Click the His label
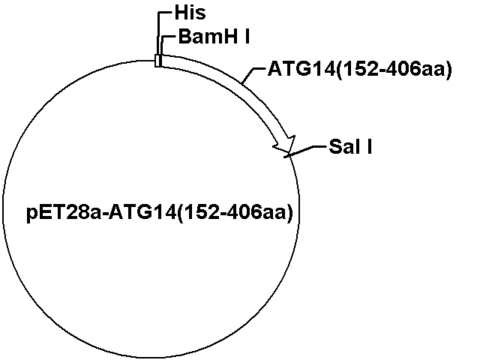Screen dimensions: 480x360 pyautogui.click(x=190, y=13)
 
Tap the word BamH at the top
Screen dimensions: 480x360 pyautogui.click(x=208, y=37)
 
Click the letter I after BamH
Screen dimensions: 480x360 pyautogui.click(x=247, y=37)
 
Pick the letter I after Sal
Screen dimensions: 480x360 pyautogui.click(x=369, y=147)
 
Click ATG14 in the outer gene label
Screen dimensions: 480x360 pyautogui.click(x=301, y=69)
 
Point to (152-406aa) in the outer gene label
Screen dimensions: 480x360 pyautogui.click(x=394, y=70)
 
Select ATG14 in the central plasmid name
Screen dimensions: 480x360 pyautogui.click(x=143, y=211)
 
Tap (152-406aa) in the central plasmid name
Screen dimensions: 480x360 pyautogui.click(x=235, y=212)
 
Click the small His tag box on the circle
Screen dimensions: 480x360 pyautogui.click(x=157, y=61)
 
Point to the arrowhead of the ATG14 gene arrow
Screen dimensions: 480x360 pyautogui.click(x=286, y=145)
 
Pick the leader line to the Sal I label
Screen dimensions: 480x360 pyautogui.click(x=306, y=151)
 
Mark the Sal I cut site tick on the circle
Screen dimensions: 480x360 pyautogui.click(x=288, y=156)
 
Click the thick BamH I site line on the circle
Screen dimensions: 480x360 pyautogui.click(x=160, y=61)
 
